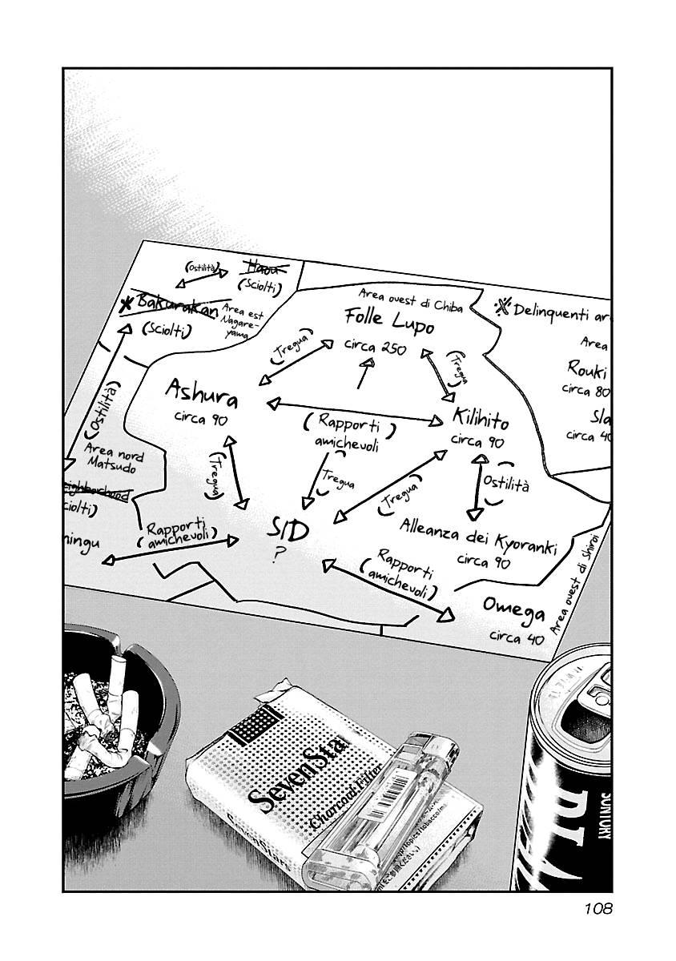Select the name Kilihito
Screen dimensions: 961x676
pos(480,417)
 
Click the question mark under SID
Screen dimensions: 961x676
pos(276,554)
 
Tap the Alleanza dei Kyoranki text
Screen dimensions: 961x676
pos(477,538)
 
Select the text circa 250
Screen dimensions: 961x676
pos(376,348)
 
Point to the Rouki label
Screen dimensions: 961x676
pos(587,369)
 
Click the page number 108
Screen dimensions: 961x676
pos(593,909)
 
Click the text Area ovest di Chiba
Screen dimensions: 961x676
pos(410,300)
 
